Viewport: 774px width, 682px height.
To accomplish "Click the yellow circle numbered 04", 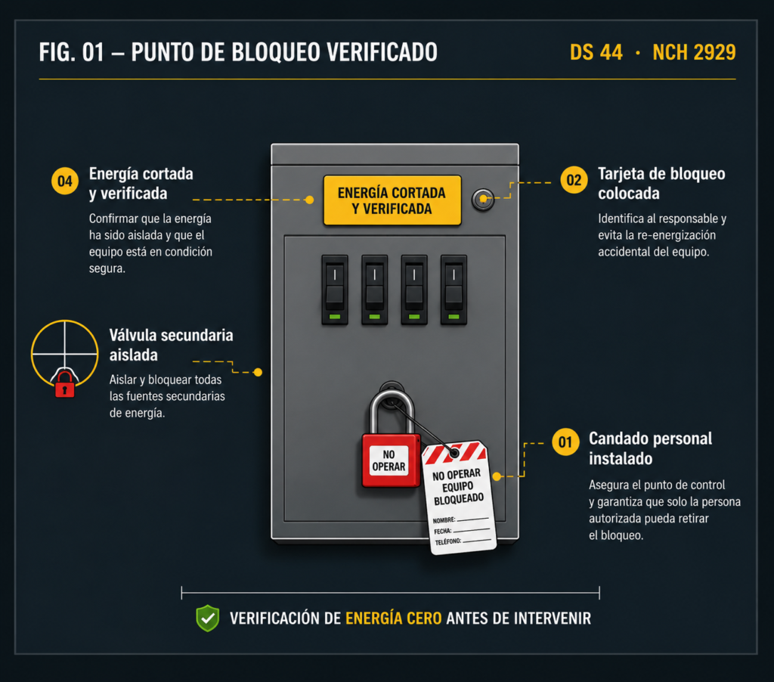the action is tap(65, 181).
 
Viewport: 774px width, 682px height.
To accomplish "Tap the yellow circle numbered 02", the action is tap(574, 180).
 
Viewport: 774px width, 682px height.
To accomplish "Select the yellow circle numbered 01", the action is tap(565, 442).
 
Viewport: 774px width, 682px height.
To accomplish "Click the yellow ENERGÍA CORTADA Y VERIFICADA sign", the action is tap(392, 200).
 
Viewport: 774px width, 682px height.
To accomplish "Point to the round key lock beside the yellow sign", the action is tap(483, 200).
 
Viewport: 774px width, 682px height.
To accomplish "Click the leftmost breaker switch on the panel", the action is tap(335, 290).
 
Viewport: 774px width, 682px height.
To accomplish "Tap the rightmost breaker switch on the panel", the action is tap(454, 290).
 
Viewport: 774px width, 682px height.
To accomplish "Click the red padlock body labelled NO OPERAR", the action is tap(391, 460).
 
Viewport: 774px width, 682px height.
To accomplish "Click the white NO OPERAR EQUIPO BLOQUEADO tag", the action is tap(459, 497).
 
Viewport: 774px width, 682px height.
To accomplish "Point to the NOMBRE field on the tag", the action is tap(460, 519).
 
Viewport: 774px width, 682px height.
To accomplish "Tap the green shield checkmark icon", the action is tap(208, 618).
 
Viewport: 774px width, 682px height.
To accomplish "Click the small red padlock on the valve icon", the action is tap(65, 384).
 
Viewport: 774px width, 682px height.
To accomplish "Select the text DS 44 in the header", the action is tap(596, 52).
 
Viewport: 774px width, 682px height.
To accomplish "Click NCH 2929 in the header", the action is tap(694, 52).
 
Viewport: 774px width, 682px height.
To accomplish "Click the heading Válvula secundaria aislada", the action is tap(172, 345).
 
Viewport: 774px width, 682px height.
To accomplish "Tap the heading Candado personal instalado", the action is tap(651, 448).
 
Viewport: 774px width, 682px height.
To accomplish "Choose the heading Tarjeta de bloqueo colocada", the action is tap(661, 183).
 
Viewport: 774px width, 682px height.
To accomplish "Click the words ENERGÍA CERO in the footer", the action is tap(393, 618).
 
